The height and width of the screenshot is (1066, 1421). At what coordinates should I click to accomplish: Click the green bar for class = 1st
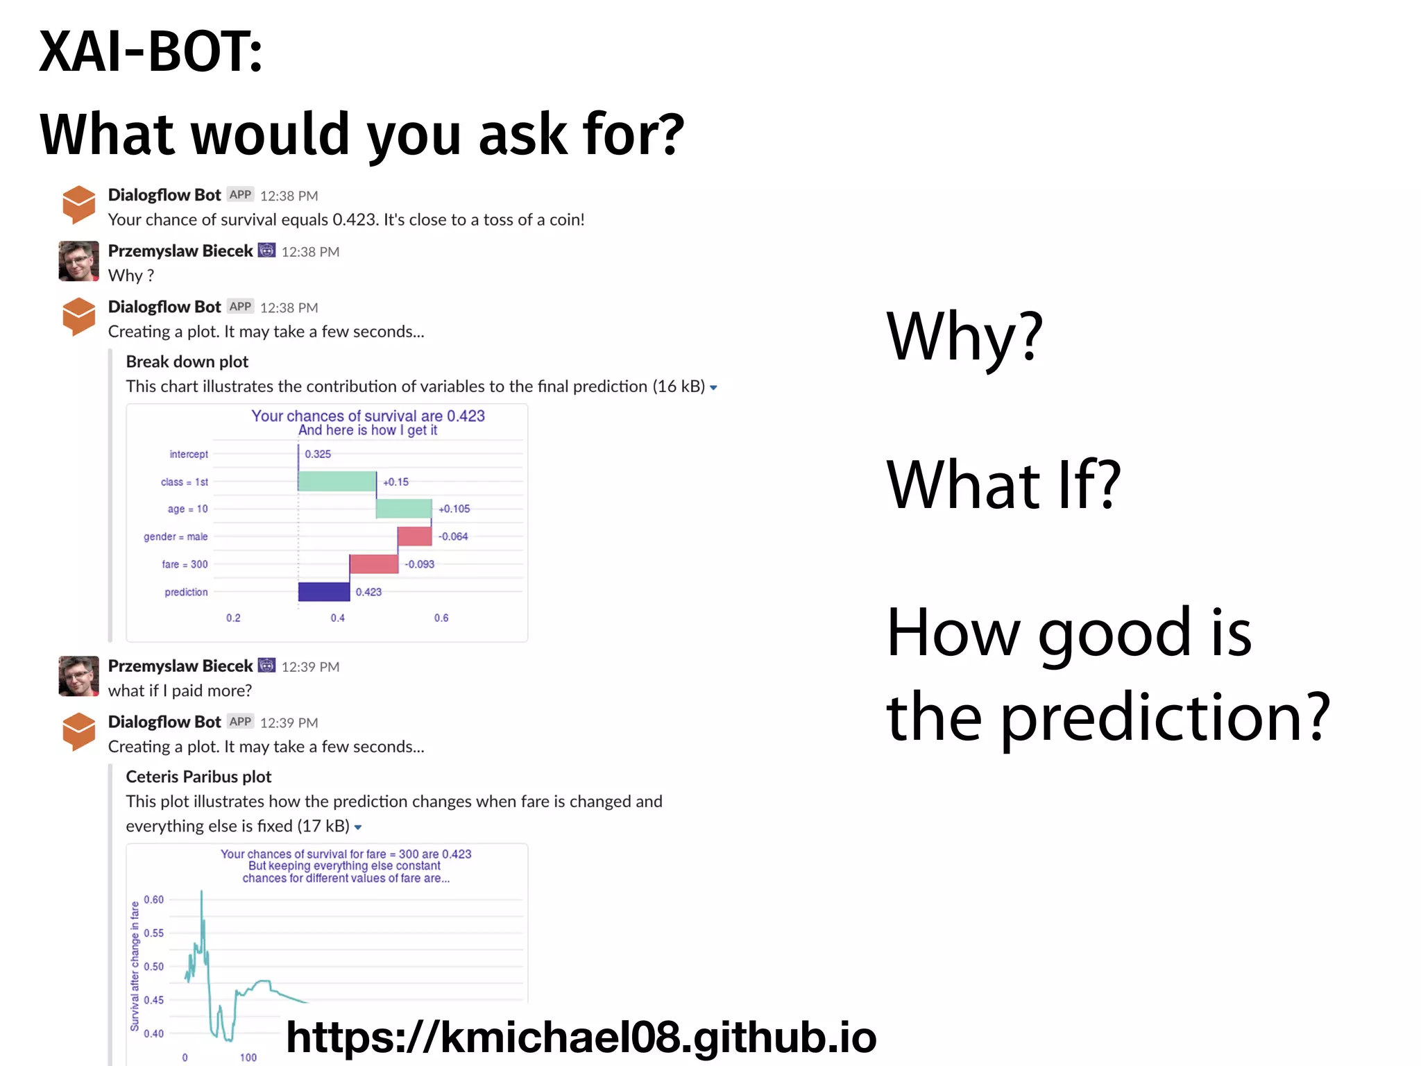[337, 482]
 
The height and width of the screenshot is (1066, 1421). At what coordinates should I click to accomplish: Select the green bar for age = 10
[404, 509]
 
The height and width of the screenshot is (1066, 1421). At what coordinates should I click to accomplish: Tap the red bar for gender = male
[415, 536]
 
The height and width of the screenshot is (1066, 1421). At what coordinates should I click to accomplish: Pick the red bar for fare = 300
[374, 564]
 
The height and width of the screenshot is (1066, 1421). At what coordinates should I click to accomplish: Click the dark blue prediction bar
[324, 592]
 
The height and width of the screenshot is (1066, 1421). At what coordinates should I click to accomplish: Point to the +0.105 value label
[454, 509]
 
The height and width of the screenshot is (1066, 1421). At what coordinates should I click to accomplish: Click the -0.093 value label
[420, 564]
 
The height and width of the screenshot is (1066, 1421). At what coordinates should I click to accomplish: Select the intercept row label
[188, 454]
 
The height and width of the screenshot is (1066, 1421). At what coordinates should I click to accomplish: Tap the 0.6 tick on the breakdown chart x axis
[441, 618]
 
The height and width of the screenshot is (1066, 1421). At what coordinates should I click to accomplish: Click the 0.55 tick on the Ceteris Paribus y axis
[154, 933]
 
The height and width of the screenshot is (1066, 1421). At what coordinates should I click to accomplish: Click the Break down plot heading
[187, 362]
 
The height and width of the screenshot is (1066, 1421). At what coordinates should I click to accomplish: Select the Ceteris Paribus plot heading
[198, 777]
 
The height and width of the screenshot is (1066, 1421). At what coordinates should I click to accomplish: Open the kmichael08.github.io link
[581, 1037]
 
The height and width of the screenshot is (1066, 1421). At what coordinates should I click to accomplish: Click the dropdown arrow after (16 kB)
[713, 388]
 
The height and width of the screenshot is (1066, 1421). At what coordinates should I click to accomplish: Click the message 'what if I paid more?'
[180, 691]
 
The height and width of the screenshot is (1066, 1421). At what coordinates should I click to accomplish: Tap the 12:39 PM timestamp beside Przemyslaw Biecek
[310, 667]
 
